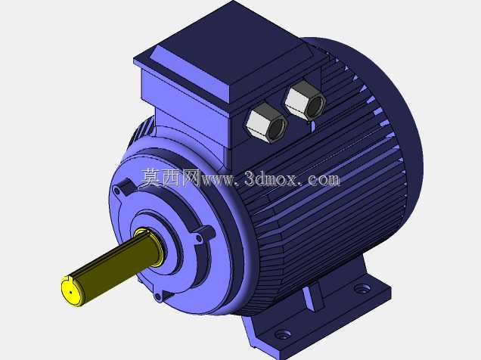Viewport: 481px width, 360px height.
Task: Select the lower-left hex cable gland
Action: point(265,123)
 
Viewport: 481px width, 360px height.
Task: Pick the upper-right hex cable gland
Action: point(305,100)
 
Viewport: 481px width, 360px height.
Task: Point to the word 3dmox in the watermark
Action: point(271,178)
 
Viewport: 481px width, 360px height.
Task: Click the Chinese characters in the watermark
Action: point(171,178)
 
